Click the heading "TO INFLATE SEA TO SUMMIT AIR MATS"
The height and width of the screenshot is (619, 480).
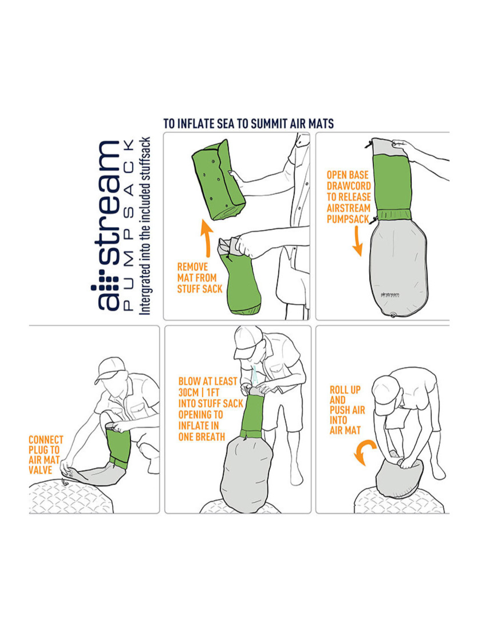(x=248, y=124)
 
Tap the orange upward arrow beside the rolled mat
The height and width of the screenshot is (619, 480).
(x=207, y=238)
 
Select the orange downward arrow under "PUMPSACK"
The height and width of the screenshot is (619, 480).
(x=358, y=240)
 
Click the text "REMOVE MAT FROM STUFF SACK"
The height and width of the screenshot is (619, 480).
(x=199, y=278)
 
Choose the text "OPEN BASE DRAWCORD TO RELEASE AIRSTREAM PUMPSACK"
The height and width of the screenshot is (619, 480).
(x=348, y=197)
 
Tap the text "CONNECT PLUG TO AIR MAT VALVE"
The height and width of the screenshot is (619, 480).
(x=46, y=455)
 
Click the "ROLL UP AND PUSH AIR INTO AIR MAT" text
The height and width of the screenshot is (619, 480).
(x=347, y=410)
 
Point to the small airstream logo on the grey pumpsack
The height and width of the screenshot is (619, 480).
(x=390, y=295)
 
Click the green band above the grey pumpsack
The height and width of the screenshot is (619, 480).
(x=394, y=215)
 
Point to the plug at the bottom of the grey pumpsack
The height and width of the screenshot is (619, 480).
(x=393, y=314)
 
